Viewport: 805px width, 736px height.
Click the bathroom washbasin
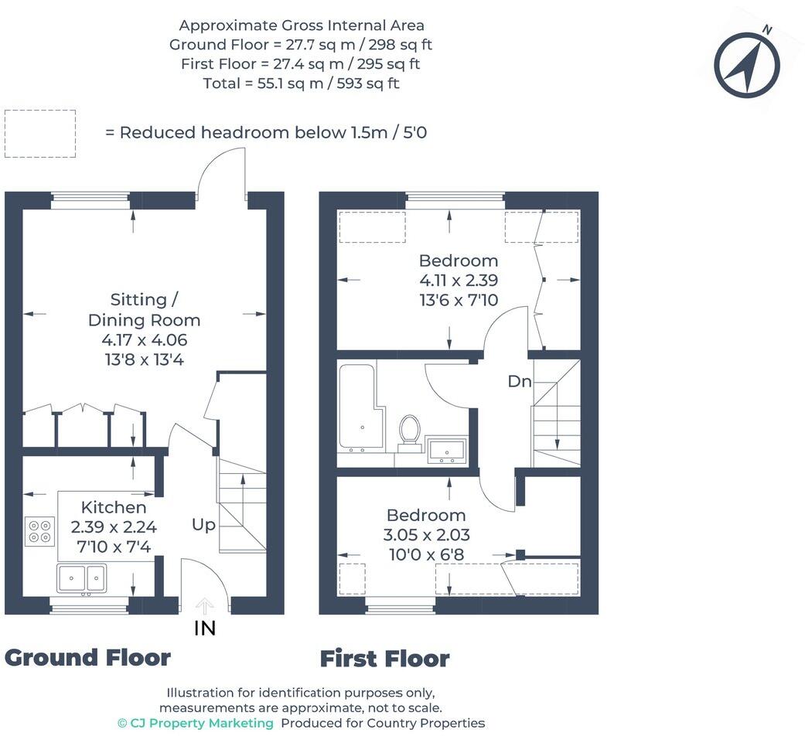(x=447, y=450)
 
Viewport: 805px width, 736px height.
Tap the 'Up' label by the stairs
(x=203, y=525)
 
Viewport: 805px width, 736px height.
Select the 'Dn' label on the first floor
(x=519, y=381)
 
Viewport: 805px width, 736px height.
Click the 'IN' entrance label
(x=205, y=629)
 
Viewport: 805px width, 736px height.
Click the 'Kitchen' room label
(x=114, y=507)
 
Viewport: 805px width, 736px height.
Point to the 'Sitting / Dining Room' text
(x=144, y=309)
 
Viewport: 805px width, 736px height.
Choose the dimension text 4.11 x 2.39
(x=459, y=281)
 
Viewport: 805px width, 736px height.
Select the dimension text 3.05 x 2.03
(x=426, y=535)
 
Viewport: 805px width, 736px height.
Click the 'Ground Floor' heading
(x=87, y=657)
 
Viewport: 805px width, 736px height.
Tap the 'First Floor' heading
(x=384, y=659)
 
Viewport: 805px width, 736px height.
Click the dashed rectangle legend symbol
(x=40, y=134)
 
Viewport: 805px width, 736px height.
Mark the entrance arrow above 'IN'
(x=204, y=605)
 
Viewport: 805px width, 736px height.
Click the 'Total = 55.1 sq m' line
(x=301, y=83)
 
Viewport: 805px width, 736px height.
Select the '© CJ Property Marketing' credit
(x=196, y=724)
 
